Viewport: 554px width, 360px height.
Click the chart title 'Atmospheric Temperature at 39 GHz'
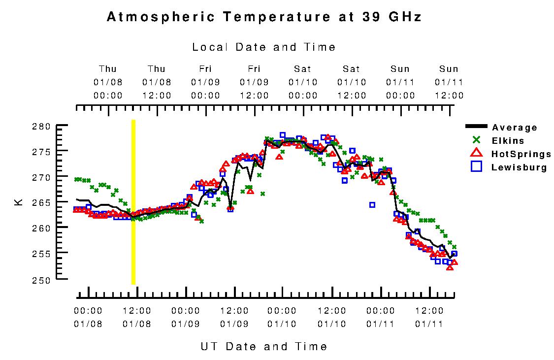pyautogui.click(x=264, y=17)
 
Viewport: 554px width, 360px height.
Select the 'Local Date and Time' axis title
pyautogui.click(x=264, y=47)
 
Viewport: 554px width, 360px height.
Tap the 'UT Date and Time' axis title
pyautogui.click(x=264, y=346)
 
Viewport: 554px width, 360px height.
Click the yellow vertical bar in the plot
pyautogui.click(x=133, y=202)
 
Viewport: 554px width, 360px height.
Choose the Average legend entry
pyautogui.click(x=515, y=128)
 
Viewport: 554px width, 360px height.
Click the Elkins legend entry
pyautogui.click(x=508, y=141)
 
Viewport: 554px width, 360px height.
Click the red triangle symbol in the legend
pyautogui.click(x=476, y=154)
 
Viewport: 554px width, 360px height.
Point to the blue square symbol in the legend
pyautogui.click(x=476, y=167)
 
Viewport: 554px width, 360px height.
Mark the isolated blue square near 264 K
pyautogui.click(x=372, y=205)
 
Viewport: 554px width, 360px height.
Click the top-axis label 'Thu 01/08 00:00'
pyautogui.click(x=108, y=82)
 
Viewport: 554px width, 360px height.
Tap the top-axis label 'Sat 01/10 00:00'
pyautogui.click(x=303, y=82)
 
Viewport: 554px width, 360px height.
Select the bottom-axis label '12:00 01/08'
pyautogui.click(x=136, y=317)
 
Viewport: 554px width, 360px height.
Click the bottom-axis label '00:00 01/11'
pyautogui.click(x=381, y=317)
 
